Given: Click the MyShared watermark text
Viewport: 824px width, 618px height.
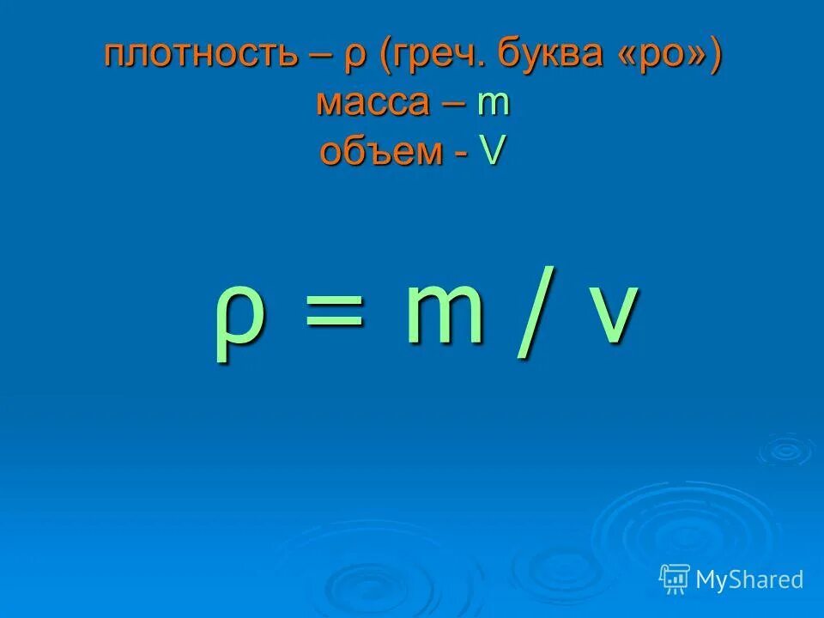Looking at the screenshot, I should pos(749,579).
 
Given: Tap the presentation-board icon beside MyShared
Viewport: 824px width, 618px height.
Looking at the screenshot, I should pos(675,579).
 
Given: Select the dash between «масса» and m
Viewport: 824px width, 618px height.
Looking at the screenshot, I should pos(455,105).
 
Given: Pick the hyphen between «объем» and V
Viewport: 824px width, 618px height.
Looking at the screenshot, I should pos(462,154).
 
